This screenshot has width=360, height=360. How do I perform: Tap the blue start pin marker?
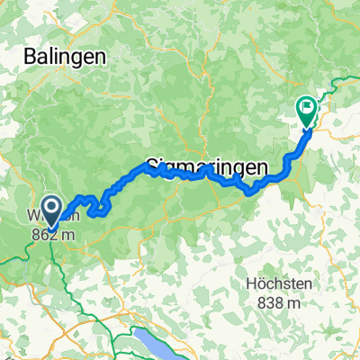point(51,211)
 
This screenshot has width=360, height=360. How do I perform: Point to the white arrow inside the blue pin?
point(51,210)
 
